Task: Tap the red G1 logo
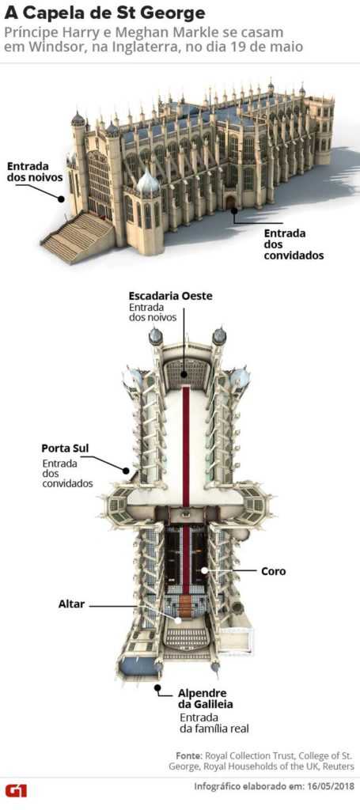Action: click(x=16, y=790)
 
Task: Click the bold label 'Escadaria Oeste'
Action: click(x=170, y=296)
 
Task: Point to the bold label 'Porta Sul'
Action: click(x=65, y=448)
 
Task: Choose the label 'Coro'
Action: click(x=273, y=571)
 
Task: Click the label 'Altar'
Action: click(x=71, y=604)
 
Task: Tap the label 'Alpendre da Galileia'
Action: click(x=203, y=698)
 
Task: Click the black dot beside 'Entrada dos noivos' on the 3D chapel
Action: click(x=61, y=198)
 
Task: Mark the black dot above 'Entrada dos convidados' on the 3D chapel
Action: click(x=234, y=210)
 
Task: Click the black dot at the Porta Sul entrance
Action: click(x=125, y=470)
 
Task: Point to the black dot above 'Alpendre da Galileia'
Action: click(x=158, y=687)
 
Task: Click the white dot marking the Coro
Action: click(x=205, y=571)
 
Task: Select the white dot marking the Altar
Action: click(x=179, y=620)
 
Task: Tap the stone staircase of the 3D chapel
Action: click(x=78, y=237)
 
